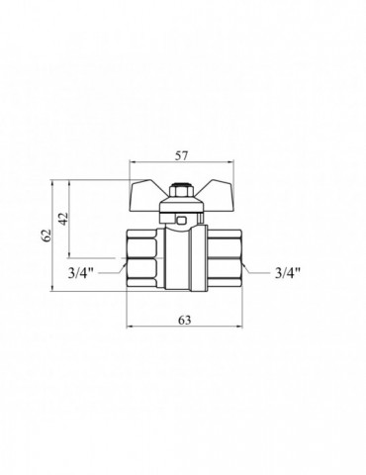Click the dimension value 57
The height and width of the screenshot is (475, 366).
click(181, 155)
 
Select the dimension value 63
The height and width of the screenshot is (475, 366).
click(185, 320)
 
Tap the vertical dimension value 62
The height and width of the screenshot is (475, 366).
click(47, 235)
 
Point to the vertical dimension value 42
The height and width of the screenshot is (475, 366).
click(63, 218)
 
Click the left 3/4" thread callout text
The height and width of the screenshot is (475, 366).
click(80, 273)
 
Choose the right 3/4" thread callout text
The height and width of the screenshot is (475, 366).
click(288, 273)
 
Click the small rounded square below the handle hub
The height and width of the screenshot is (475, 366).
click(181, 220)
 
